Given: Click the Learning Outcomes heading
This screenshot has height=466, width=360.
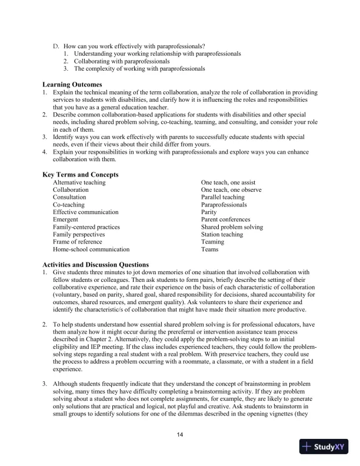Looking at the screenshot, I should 72,84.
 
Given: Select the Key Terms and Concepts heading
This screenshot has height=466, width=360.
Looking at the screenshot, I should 81,174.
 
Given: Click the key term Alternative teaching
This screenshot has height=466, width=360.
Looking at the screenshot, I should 79,182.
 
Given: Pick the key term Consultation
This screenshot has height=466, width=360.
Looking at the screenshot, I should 69,197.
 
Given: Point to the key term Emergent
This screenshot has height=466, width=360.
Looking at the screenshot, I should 65,219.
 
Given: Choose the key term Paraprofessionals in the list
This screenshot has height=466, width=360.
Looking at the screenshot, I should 225,205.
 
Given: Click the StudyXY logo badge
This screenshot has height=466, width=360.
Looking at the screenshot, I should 323,447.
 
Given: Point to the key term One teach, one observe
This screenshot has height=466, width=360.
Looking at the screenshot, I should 231,190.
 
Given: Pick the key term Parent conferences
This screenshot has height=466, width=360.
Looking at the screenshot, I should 226,219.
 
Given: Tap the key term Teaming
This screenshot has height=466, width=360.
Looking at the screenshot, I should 212,242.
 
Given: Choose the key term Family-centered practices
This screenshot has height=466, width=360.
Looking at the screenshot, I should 86,227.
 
